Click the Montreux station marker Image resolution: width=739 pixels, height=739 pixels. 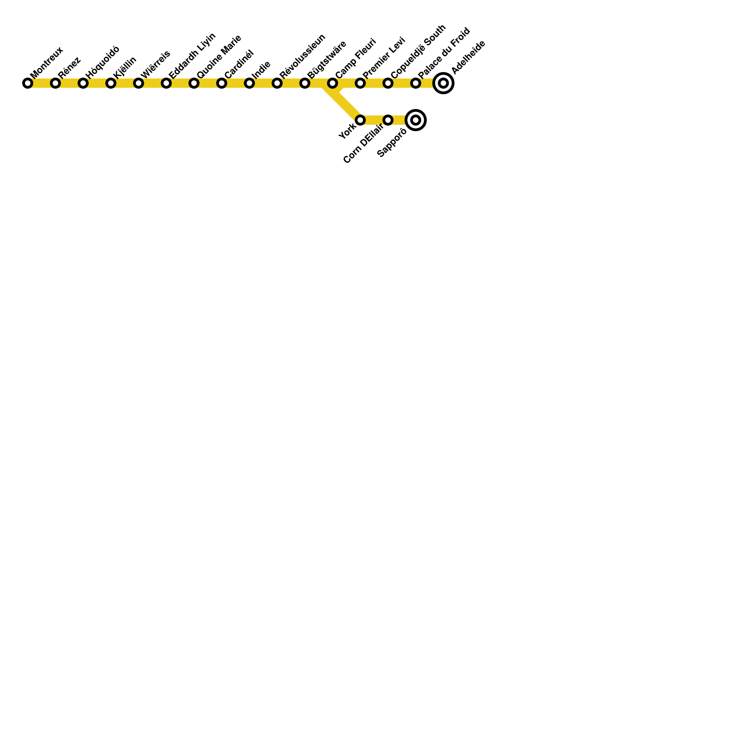[28, 83]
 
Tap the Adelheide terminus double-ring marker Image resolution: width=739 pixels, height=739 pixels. [443, 83]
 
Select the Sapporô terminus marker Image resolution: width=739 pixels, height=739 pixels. [416, 120]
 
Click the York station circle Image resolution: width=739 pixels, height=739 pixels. [360, 120]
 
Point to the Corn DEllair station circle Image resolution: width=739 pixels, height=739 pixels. [388, 120]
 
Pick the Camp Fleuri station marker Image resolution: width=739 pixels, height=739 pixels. [333, 83]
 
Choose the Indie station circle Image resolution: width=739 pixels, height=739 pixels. [249, 83]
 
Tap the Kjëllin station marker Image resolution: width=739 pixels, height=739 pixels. [111, 83]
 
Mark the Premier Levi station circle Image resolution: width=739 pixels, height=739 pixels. [360, 83]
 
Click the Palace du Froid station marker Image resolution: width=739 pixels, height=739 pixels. [416, 83]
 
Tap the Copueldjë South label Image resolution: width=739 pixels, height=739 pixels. [418, 52]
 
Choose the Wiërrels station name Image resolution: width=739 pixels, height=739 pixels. [155, 64]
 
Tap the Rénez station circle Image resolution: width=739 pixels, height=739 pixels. [55, 83]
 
